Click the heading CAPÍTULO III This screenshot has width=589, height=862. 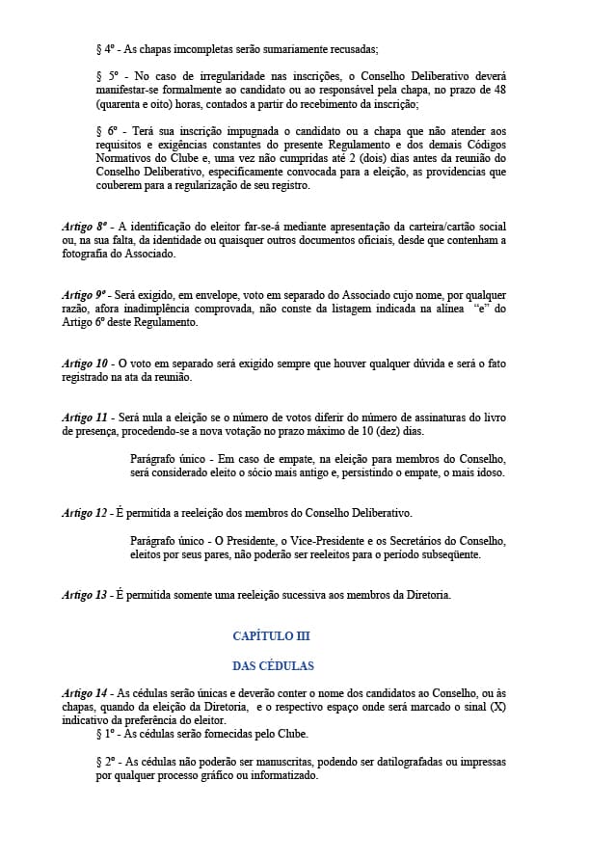click(271, 636)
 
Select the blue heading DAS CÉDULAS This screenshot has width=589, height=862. click(272, 665)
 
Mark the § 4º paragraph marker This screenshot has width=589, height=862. click(107, 47)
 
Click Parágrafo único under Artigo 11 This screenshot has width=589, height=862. click(167, 458)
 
